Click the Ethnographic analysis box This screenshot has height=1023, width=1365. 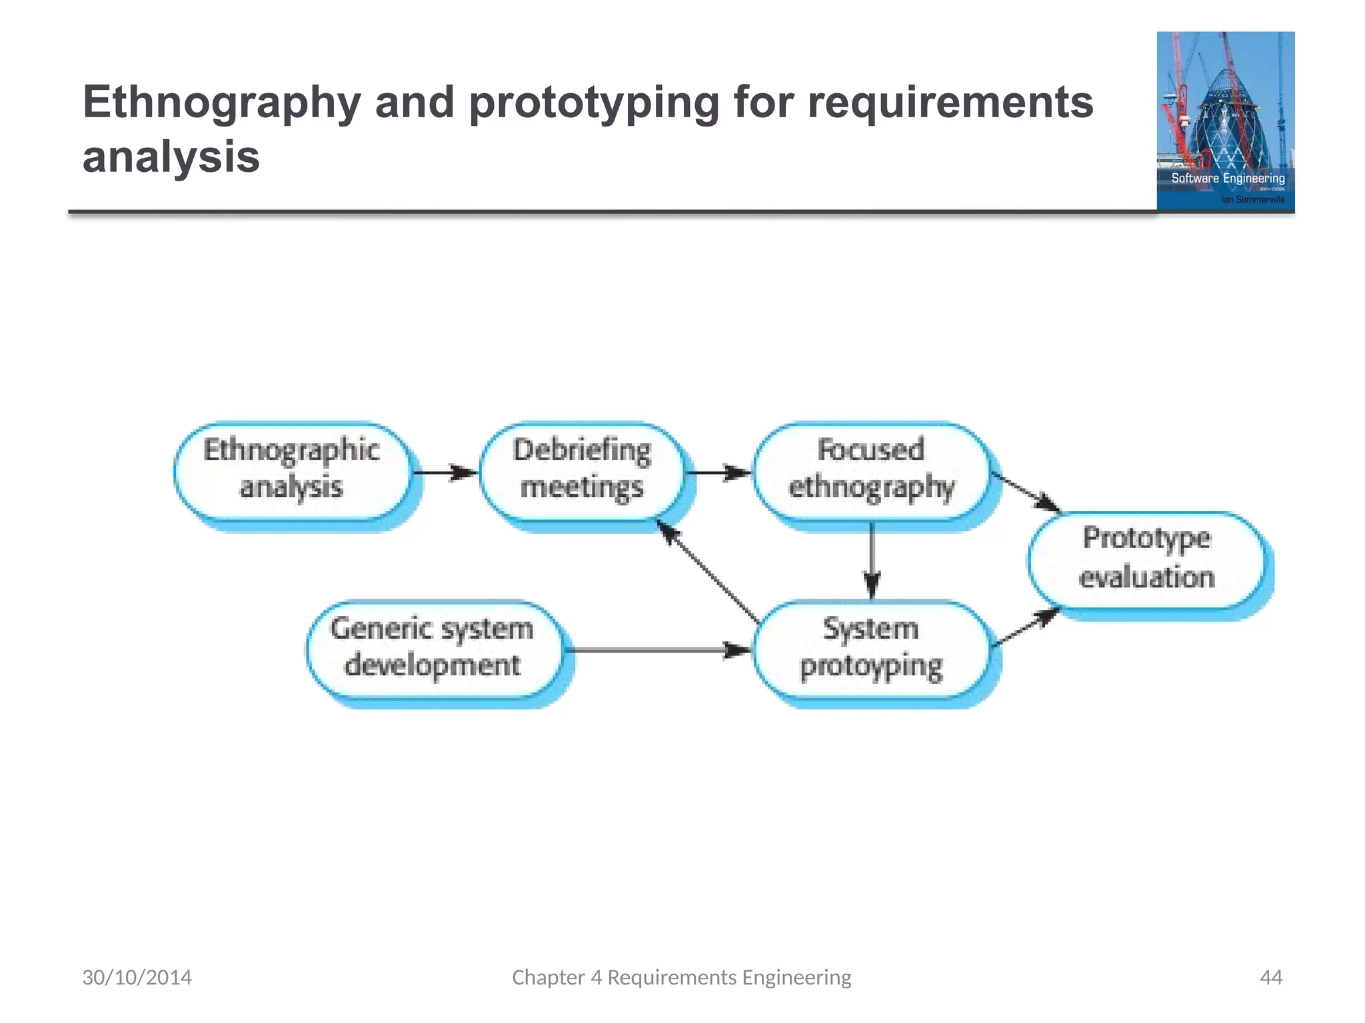point(291,470)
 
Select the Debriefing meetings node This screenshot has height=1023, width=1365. point(582,470)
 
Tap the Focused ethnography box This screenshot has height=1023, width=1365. point(871,470)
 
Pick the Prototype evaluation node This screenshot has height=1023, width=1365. point(1146,559)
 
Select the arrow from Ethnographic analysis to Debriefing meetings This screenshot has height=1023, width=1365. point(445,473)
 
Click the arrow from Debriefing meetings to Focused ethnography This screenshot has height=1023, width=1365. point(718,473)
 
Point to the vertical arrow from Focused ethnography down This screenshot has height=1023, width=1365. point(872,559)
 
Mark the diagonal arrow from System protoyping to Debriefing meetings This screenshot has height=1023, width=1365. point(708,571)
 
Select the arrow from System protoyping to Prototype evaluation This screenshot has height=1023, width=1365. point(1025,628)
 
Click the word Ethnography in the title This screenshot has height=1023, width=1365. point(222,103)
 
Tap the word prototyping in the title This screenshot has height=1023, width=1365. point(595,103)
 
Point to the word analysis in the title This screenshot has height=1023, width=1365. point(171,157)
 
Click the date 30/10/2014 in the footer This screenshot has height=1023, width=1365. point(137,977)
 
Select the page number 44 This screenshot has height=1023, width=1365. point(1271,977)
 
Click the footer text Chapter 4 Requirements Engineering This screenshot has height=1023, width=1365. point(681,977)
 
